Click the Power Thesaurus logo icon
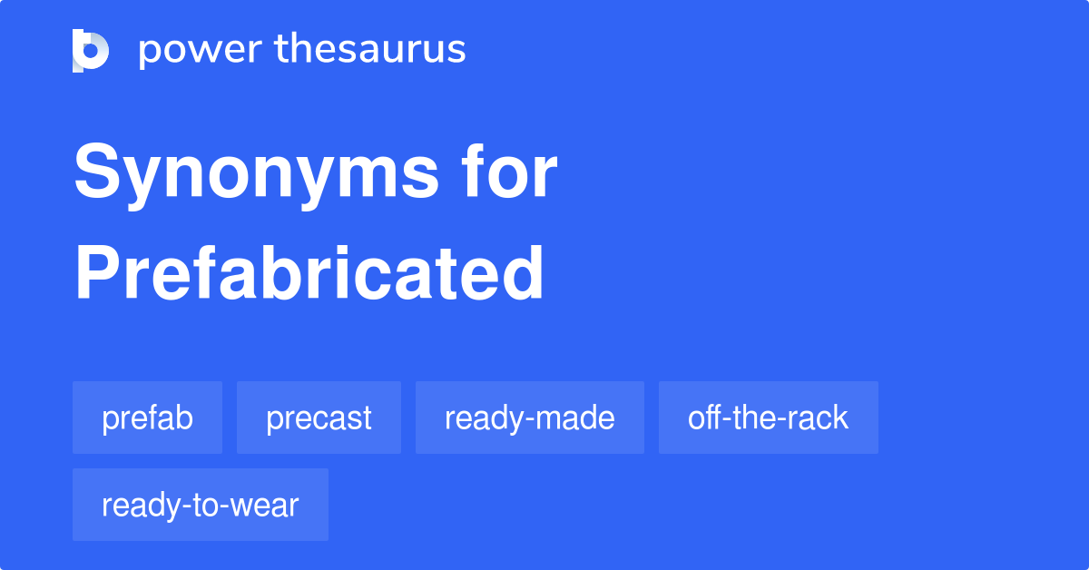pyautogui.click(x=91, y=51)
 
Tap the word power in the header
pyautogui.click(x=201, y=51)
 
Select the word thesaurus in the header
pyautogui.click(x=370, y=48)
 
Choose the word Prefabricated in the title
pyautogui.click(x=309, y=273)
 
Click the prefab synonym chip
pyautogui.click(x=147, y=418)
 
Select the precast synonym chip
pyautogui.click(x=319, y=418)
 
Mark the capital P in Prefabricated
pyautogui.click(x=97, y=273)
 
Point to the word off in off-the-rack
pyautogui.click(x=705, y=417)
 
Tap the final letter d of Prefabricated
pyautogui.click(x=523, y=273)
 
